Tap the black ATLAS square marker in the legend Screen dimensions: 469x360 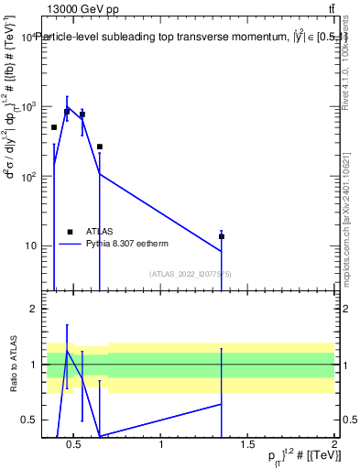click(x=71, y=231)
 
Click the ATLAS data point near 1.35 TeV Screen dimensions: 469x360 click(x=221, y=236)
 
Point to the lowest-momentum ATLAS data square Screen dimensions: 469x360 click(x=54, y=127)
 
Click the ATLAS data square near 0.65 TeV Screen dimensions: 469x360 click(x=99, y=147)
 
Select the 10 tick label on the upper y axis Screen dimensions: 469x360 click(x=30, y=245)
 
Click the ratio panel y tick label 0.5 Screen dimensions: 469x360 click(x=30, y=420)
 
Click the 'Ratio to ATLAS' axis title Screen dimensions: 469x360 click(x=12, y=364)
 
